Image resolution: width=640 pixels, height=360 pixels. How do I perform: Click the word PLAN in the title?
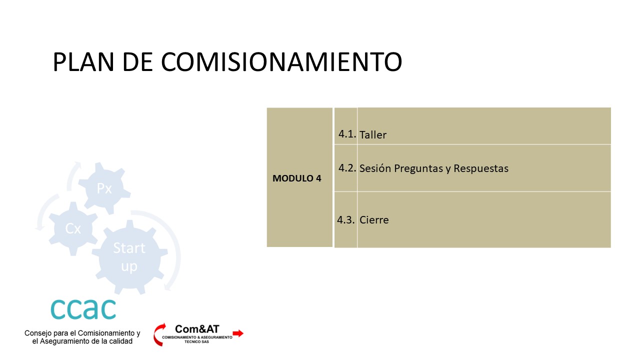pos(83,62)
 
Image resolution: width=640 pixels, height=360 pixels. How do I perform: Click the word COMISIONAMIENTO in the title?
pos(281,62)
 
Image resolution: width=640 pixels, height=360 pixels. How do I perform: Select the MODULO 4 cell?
pos(299,177)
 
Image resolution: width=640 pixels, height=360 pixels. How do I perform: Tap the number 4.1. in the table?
pos(347,134)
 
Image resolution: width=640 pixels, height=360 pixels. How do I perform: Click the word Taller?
pos(373,135)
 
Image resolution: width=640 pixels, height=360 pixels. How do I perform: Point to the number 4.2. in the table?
pos(347,168)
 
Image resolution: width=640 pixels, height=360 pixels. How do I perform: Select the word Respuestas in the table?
pos(481,168)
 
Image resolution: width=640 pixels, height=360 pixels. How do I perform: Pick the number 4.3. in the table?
pos(346,219)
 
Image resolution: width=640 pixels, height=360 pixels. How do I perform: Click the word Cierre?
pos(374,220)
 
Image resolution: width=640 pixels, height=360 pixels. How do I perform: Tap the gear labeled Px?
pos(104,188)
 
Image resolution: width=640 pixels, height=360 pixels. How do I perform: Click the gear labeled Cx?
pos(73,228)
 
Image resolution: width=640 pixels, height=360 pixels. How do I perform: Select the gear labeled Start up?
pos(129,257)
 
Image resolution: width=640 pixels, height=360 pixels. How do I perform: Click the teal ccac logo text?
pos(83,309)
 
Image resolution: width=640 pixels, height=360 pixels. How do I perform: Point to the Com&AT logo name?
pos(197,329)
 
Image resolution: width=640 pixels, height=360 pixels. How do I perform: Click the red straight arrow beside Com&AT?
pos(238,333)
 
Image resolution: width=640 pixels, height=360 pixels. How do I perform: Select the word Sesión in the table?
pos(375,168)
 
